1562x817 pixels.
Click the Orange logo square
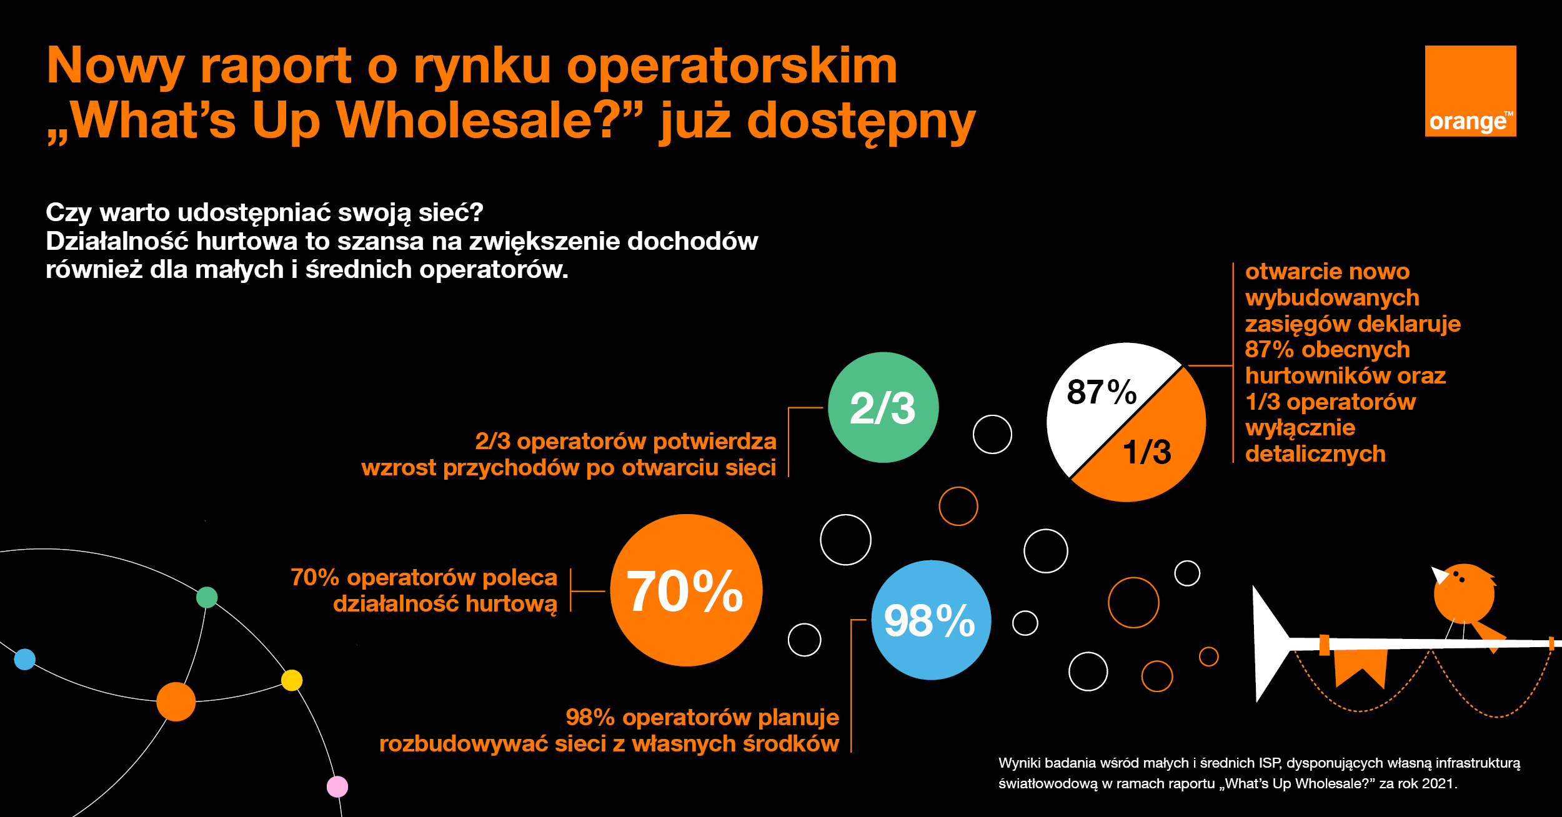click(x=1470, y=91)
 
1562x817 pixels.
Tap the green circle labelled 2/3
click(x=883, y=407)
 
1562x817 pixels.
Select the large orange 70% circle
click(x=686, y=590)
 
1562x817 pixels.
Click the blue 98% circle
click(x=931, y=620)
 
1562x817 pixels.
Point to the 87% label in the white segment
click(x=1101, y=392)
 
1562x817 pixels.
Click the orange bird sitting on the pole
click(x=1464, y=593)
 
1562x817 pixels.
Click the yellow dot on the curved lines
click(x=292, y=680)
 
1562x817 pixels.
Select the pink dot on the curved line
click(x=337, y=786)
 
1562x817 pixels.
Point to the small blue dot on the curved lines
click(x=25, y=659)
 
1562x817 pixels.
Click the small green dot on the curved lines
click(x=207, y=597)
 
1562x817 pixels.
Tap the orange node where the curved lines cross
click(x=176, y=701)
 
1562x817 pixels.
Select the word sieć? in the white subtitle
click(x=450, y=212)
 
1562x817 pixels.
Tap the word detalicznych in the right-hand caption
click(x=1315, y=454)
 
